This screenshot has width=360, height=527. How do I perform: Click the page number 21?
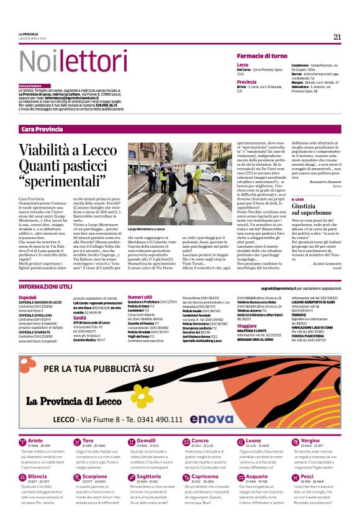[337, 37]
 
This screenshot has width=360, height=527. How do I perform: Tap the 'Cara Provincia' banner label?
[42, 128]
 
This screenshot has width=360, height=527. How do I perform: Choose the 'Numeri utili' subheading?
[140, 297]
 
